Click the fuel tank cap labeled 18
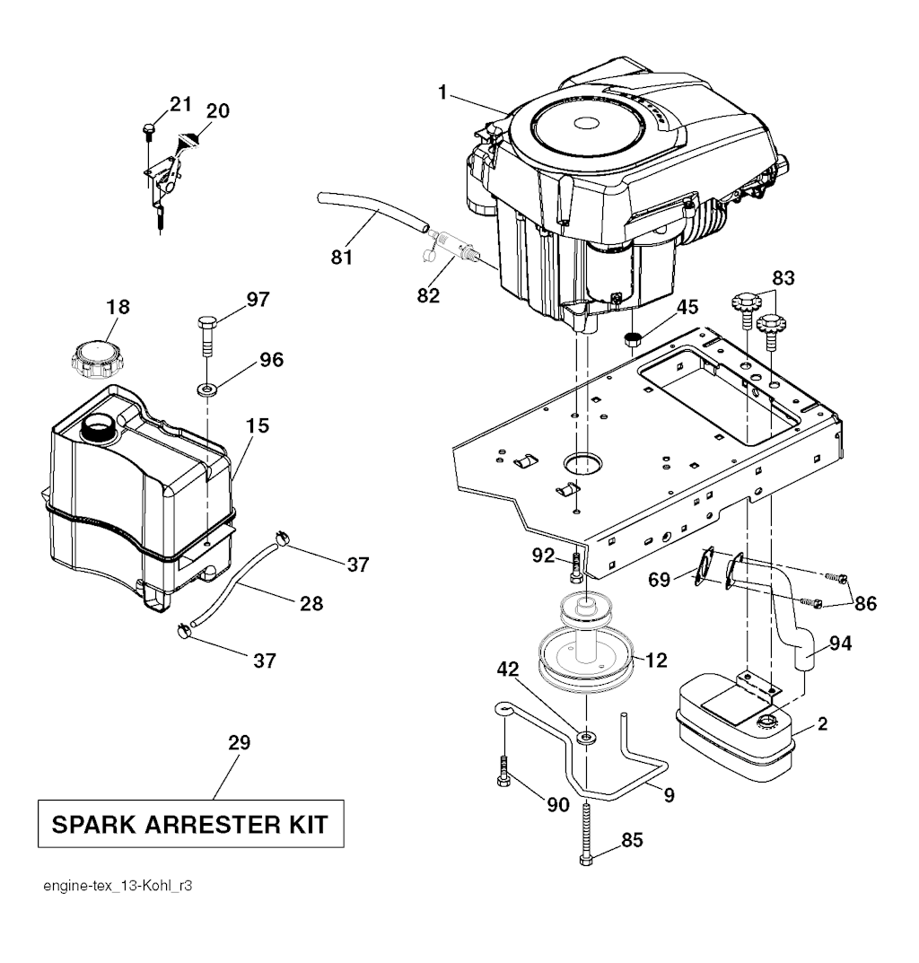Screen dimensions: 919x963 [97, 360]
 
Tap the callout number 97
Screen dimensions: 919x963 [258, 299]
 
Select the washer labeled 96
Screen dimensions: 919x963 [207, 389]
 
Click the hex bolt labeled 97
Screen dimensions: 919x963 [207, 336]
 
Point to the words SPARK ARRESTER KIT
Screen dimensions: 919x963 [190, 824]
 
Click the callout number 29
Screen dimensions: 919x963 [239, 742]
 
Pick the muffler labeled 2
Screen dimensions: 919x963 [735, 727]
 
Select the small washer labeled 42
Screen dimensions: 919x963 [587, 735]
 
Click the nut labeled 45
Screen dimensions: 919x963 [632, 338]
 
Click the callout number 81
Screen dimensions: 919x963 [342, 257]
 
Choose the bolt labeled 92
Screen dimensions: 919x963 [575, 566]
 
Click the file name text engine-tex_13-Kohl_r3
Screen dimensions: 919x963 [118, 886]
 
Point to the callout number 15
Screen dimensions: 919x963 [258, 425]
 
